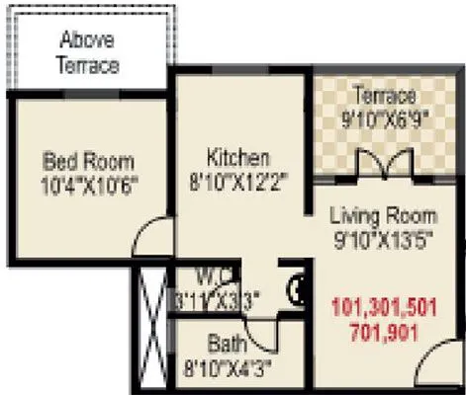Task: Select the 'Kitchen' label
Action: point(237,157)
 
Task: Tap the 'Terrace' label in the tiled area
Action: point(382,95)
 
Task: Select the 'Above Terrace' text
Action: point(89,53)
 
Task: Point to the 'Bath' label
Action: point(227,345)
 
